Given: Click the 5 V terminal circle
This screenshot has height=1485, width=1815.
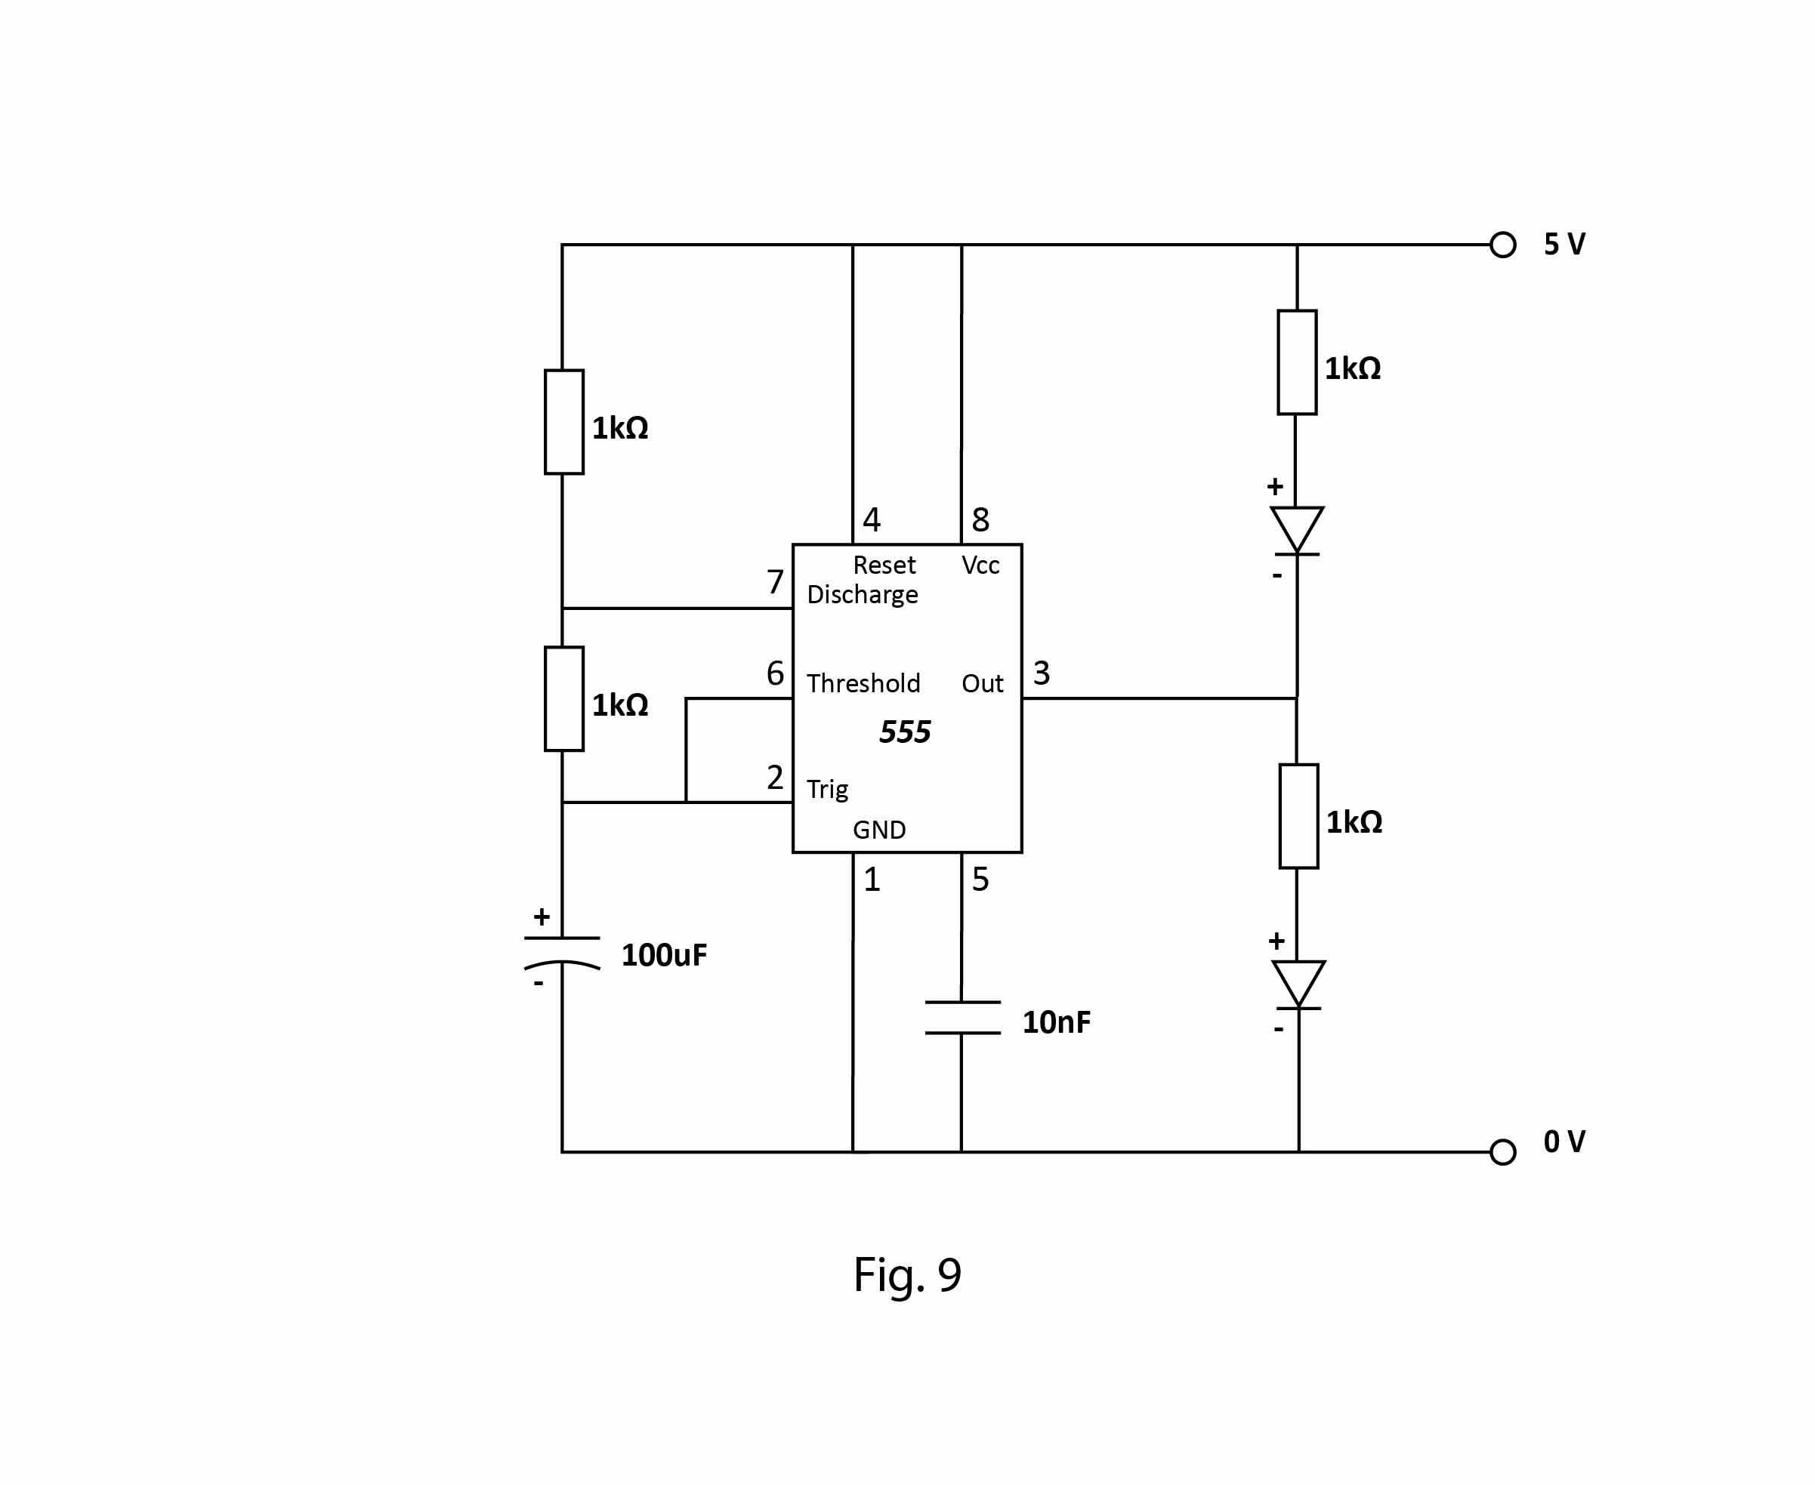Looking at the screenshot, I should pos(1502,245).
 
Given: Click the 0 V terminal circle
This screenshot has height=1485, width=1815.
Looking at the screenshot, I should pos(1502,1152).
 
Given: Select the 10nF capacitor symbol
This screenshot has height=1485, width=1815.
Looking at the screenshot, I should pos(962,1018).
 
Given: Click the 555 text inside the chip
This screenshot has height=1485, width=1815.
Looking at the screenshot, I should pos(905,732).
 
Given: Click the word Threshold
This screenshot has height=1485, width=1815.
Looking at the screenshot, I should pos(863,683).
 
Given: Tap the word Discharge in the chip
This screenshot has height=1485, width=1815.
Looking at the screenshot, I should pos(862,594).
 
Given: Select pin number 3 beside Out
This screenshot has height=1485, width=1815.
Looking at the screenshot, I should pos(1042,673).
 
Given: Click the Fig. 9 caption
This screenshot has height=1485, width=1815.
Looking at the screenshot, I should pos(907,1274).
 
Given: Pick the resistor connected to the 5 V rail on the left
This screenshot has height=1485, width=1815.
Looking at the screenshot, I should pos(564,422).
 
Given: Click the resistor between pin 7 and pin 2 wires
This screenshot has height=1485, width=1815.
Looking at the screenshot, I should pos(564,699).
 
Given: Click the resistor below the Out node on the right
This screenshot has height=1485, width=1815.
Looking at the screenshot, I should pos(1298,816).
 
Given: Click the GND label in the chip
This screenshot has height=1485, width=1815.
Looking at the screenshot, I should pos(879,830).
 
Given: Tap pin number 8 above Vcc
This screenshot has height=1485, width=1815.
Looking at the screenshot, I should pos(980,519).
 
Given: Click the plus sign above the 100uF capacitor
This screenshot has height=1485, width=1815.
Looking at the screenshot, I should pos(542,917).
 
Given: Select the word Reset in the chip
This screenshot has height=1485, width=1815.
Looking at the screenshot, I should pos(884,565).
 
